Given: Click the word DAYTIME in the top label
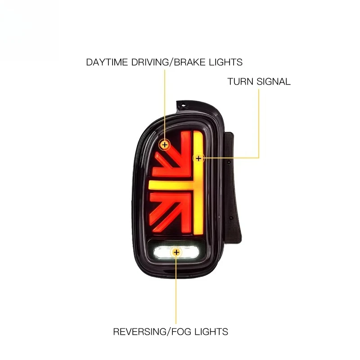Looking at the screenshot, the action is (x=107, y=62).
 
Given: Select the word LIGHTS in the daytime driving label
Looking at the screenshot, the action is (x=226, y=62).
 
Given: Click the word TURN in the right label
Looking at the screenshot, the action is (x=240, y=81).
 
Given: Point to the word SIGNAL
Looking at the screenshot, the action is (x=274, y=81).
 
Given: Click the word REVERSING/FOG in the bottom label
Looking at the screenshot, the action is (x=152, y=332).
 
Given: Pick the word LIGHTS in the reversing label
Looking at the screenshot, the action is (x=211, y=332).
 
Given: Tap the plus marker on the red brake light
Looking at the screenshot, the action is (x=165, y=145).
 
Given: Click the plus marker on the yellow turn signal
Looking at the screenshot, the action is (x=198, y=158).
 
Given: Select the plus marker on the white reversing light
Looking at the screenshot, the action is (x=176, y=252).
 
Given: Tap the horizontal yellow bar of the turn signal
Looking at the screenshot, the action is (x=171, y=185).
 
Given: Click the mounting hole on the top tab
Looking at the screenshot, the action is (x=183, y=106).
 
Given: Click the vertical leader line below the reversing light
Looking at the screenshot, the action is (x=176, y=291).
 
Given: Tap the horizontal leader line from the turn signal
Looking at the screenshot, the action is (x=231, y=158).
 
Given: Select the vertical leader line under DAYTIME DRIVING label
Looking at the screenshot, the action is (x=165, y=105).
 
